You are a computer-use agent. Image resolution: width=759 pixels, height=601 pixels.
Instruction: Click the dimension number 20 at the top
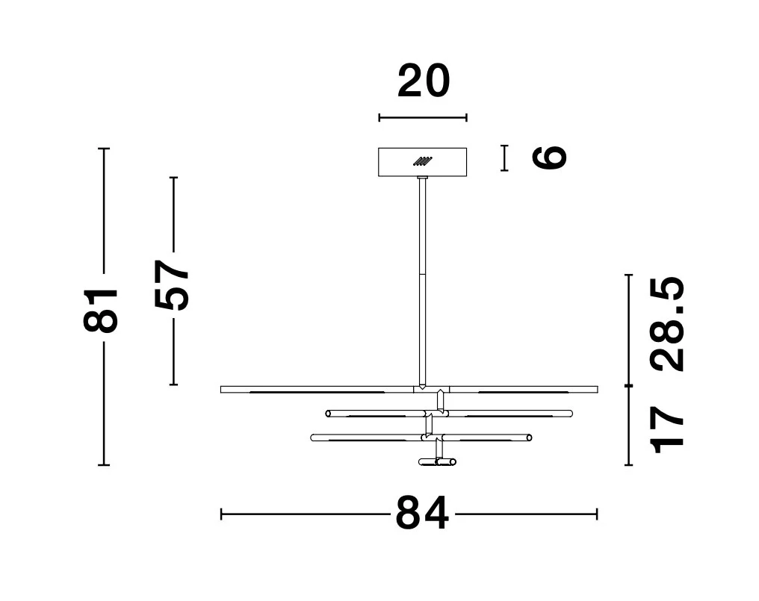(x=424, y=81)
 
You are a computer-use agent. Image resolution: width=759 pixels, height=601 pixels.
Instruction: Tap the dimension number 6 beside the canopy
(x=549, y=158)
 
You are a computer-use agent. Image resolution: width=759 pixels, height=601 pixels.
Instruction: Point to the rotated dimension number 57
(x=171, y=285)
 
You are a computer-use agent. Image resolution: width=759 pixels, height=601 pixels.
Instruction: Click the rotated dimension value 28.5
(x=668, y=324)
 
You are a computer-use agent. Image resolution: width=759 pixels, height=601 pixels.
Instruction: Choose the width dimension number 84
(x=423, y=514)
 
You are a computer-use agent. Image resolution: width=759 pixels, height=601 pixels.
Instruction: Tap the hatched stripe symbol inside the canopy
(x=423, y=161)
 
